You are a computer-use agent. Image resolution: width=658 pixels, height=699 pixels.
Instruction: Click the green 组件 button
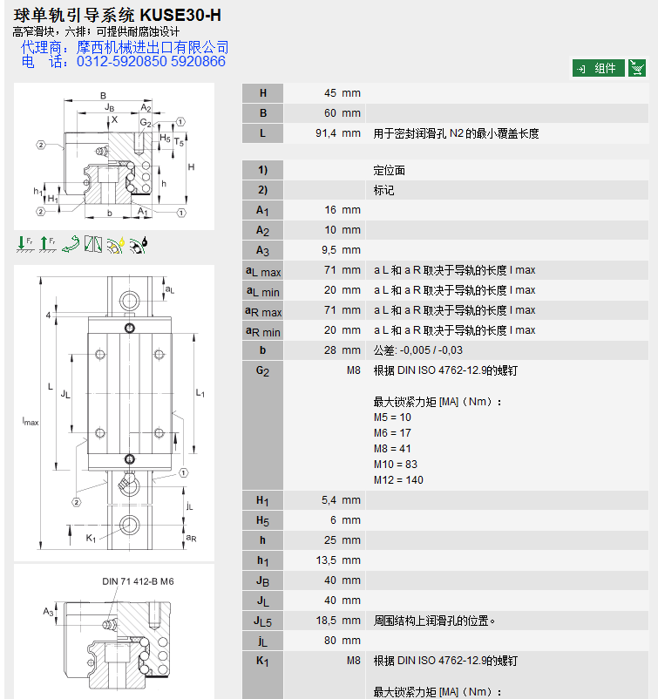(x=598, y=68)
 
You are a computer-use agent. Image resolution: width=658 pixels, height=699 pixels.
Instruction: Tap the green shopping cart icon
(x=637, y=68)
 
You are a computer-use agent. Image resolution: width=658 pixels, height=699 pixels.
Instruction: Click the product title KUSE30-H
(x=180, y=15)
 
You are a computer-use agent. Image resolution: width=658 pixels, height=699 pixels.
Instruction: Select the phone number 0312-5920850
(x=122, y=61)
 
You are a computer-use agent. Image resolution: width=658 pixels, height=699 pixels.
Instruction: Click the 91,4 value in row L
(x=326, y=133)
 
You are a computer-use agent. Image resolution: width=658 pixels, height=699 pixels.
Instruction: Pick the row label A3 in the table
(x=262, y=250)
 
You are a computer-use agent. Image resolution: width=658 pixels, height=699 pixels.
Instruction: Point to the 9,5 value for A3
(x=329, y=250)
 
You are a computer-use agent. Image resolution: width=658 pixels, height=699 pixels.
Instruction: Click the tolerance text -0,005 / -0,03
(x=431, y=350)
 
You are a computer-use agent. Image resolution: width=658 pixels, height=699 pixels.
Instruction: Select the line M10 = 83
(x=396, y=465)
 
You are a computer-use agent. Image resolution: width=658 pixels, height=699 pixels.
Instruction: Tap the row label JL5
(x=262, y=621)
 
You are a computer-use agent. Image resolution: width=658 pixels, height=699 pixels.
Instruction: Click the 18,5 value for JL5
(x=326, y=621)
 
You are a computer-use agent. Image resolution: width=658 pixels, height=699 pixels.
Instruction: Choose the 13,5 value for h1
(x=326, y=560)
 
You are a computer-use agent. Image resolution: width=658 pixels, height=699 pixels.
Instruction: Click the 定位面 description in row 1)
(x=390, y=170)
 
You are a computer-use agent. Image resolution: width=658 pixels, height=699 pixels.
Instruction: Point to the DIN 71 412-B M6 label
(x=138, y=581)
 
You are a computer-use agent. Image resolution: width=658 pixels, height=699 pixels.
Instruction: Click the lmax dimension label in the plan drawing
(x=31, y=421)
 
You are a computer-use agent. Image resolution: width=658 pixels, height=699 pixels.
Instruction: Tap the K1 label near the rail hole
(x=91, y=538)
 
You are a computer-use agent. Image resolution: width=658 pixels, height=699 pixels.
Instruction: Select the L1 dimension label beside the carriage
(x=200, y=393)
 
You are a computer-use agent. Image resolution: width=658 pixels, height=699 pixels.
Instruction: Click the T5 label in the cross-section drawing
(x=179, y=142)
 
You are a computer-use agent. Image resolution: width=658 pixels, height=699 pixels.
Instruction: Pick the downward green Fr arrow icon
(x=25, y=244)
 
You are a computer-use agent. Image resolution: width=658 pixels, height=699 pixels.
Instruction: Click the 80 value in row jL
(x=330, y=641)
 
